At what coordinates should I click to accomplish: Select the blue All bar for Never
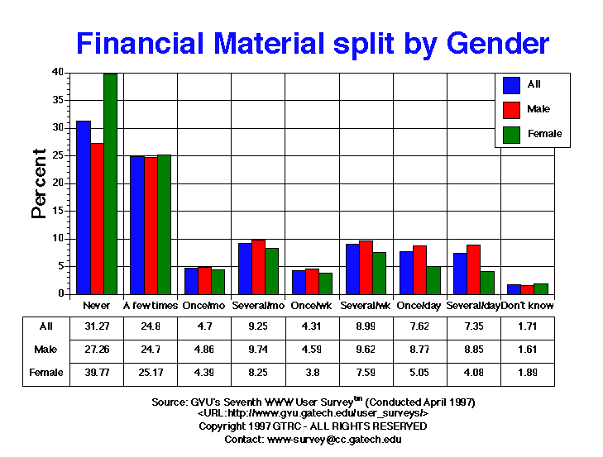coord(84,207)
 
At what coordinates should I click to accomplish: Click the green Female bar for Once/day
coord(432,280)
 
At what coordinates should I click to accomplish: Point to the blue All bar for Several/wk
coord(352,269)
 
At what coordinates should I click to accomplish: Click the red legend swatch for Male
coord(512,109)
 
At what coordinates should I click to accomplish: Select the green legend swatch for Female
coord(512,134)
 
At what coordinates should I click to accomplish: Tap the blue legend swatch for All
coord(512,84)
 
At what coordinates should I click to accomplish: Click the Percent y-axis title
coord(39,183)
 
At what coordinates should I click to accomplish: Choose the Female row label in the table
coord(46,373)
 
